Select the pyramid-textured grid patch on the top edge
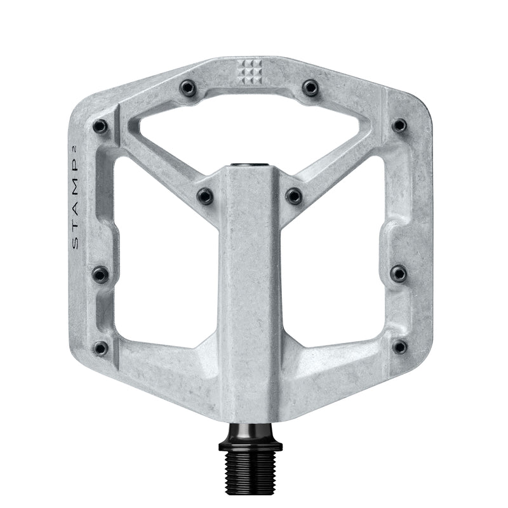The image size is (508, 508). (249, 72)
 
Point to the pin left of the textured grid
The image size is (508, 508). (188, 88)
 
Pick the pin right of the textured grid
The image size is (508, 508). (310, 88)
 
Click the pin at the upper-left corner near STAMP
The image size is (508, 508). (100, 126)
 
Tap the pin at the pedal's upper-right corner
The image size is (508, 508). (399, 125)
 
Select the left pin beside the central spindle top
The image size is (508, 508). (205, 196)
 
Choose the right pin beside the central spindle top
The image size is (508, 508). (293, 196)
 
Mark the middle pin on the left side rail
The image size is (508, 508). (100, 274)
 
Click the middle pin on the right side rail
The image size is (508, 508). (398, 274)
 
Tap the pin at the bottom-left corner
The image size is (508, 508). (100, 348)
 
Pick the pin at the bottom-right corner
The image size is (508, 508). (399, 347)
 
